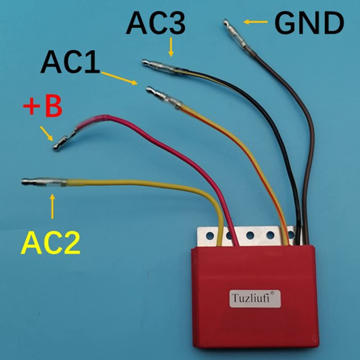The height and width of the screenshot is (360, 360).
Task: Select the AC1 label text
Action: [70, 62]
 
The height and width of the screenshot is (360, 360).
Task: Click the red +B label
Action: [43, 107]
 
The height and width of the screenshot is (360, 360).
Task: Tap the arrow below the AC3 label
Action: [171, 47]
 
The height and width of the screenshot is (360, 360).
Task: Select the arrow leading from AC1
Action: [119, 78]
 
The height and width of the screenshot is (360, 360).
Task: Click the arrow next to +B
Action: [47, 133]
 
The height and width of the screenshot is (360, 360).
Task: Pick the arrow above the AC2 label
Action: [53, 206]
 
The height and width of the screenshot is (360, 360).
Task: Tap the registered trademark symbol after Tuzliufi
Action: [272, 293]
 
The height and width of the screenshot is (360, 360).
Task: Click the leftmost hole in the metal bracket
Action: [208, 236]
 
